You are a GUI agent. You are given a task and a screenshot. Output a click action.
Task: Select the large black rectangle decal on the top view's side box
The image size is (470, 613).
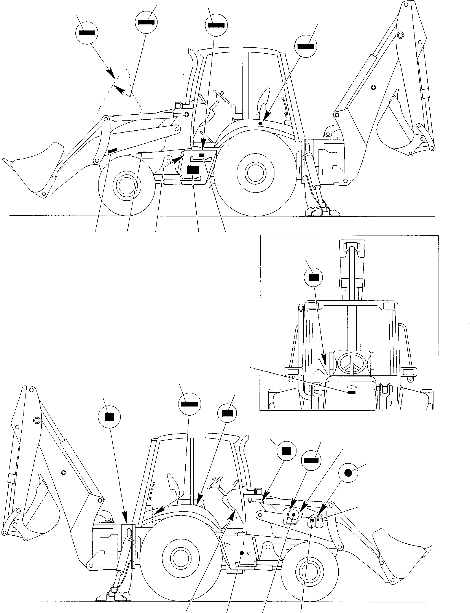(193, 170)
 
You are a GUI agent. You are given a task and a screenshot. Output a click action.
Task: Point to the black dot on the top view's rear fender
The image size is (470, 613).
(260, 123)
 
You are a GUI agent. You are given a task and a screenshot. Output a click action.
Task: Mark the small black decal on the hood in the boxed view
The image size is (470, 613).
(351, 392)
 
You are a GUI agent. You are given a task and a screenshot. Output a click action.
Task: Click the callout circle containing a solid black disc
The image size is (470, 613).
(348, 473)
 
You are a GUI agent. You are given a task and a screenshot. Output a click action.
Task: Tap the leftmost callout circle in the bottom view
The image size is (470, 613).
(109, 417)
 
